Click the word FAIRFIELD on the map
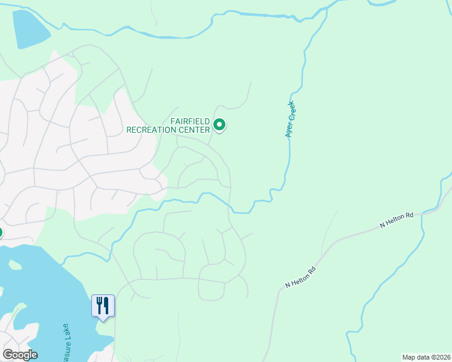(190, 121)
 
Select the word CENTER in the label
(195, 129)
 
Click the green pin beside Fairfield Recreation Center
(220, 125)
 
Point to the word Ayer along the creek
(289, 130)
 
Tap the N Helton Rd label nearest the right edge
(396, 220)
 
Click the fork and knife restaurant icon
(103, 306)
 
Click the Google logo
(20, 355)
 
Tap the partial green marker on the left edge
(1, 232)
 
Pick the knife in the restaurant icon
(106, 305)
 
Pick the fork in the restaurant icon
(99, 305)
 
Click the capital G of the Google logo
(8, 355)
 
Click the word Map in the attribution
(408, 357)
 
